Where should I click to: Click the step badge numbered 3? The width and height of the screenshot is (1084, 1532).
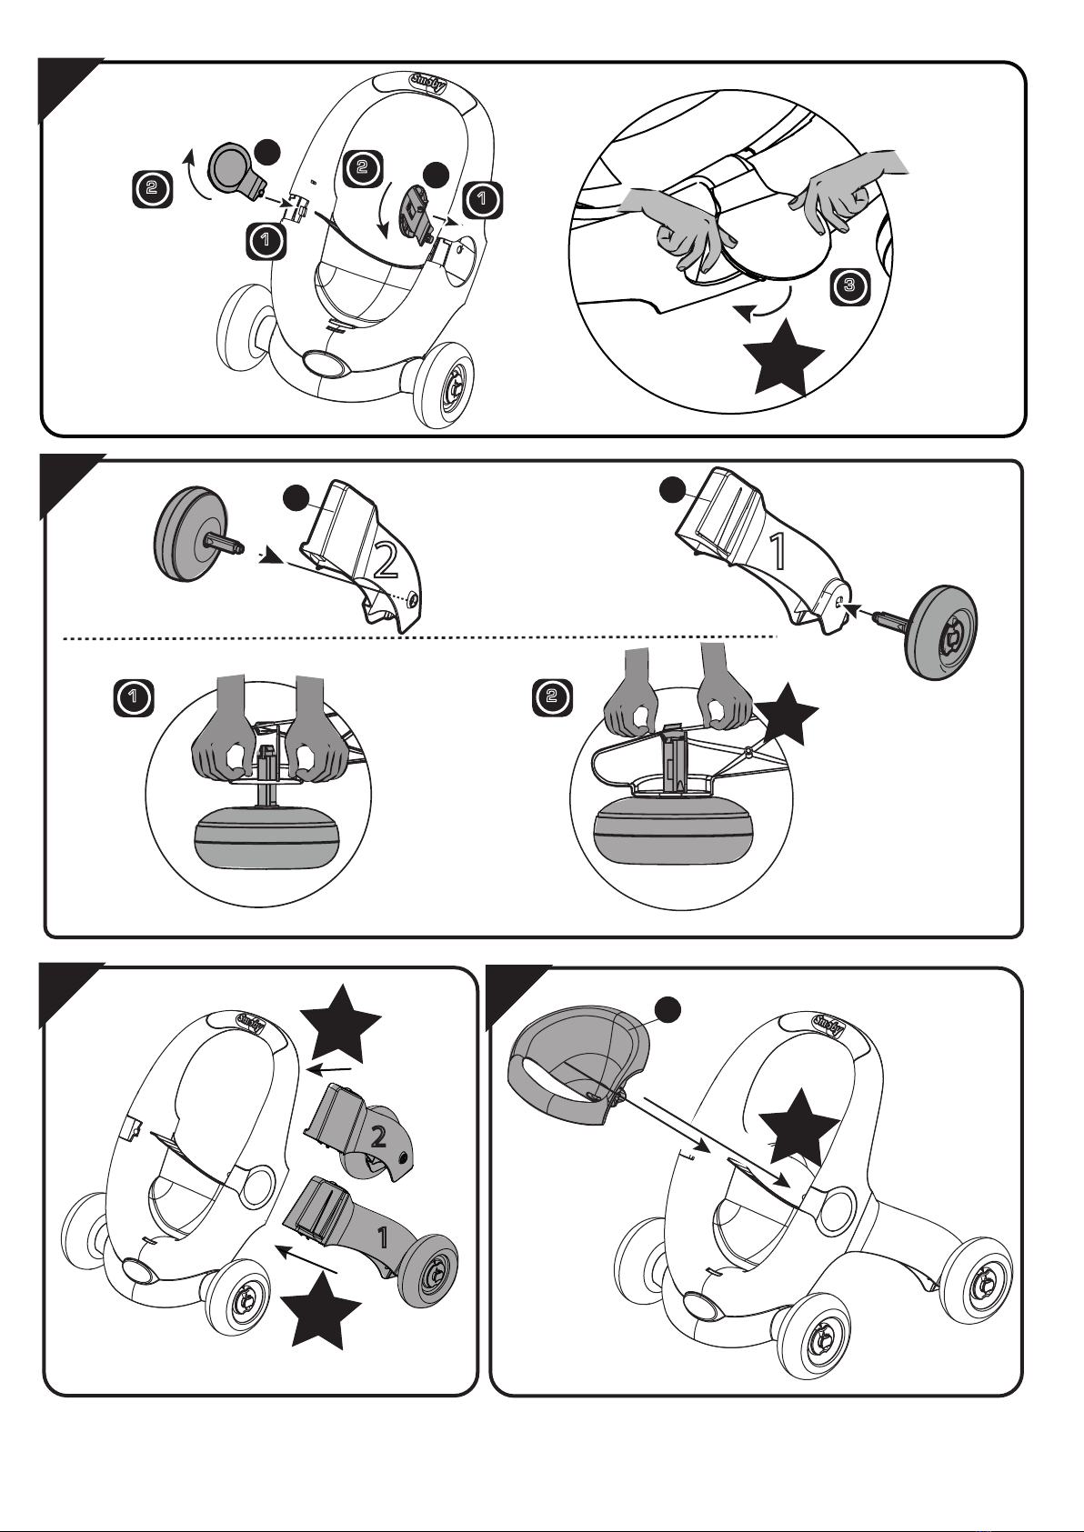point(850,285)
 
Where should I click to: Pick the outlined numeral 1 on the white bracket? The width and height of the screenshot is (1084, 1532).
point(778,551)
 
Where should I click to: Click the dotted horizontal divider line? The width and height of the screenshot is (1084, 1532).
point(420,638)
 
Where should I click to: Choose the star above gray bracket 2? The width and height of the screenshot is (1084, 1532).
point(341,1024)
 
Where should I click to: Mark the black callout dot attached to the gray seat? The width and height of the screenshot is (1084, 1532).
point(667,1009)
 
